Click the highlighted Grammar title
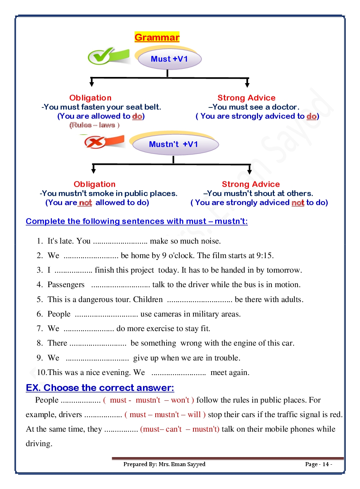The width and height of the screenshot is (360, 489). (x=157, y=37)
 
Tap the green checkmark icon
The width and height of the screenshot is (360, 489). (x=108, y=56)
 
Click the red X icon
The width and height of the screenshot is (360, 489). (x=103, y=142)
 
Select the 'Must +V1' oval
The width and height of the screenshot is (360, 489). (x=169, y=59)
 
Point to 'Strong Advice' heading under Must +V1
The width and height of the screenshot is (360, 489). (x=246, y=98)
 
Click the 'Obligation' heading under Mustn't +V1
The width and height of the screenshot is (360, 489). (x=94, y=184)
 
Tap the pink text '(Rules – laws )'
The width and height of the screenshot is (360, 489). (x=94, y=125)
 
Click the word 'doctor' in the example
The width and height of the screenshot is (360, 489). (x=285, y=107)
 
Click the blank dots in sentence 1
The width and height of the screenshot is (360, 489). (x=120, y=241)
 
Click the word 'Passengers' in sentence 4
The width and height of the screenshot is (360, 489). (x=66, y=285)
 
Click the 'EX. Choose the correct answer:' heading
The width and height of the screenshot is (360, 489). (x=100, y=388)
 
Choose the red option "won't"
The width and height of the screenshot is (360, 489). (x=180, y=400)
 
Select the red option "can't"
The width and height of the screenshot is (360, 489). (x=173, y=429)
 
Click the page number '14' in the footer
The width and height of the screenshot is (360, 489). (x=326, y=464)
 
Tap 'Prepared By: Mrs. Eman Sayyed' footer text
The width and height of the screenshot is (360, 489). (x=164, y=464)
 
